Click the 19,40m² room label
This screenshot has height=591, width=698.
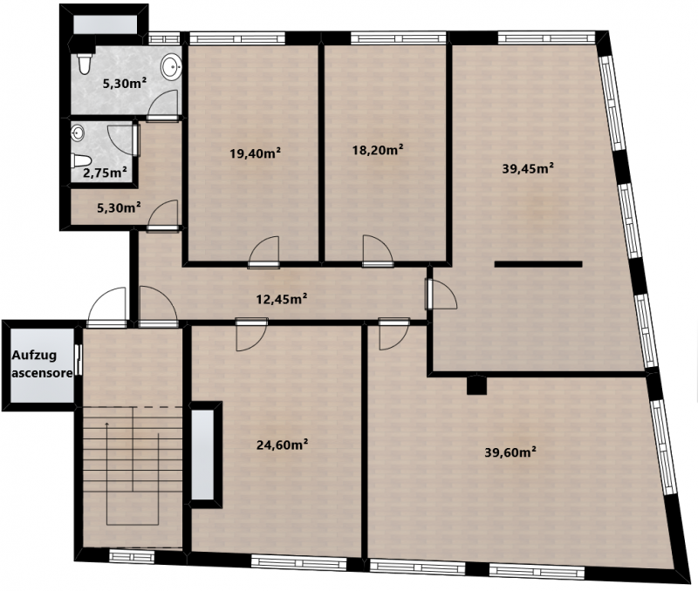(255, 153)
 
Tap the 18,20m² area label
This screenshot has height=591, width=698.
(378, 150)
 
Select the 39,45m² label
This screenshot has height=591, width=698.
(528, 168)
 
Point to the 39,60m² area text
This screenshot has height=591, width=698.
(510, 452)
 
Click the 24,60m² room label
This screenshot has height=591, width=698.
(283, 445)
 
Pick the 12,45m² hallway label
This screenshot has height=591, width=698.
(282, 299)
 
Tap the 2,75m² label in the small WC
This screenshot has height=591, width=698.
(105, 173)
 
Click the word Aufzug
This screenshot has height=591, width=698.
(34, 356)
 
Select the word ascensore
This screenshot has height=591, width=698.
(42, 373)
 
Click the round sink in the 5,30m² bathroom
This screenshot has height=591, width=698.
(171, 67)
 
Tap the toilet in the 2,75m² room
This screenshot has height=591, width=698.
(81, 160)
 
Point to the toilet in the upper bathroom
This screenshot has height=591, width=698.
(84, 64)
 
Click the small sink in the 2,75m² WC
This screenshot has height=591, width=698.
(78, 133)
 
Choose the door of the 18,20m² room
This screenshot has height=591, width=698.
(378, 252)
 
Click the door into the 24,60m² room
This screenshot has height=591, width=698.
(251, 335)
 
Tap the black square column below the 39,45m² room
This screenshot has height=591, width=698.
(476, 385)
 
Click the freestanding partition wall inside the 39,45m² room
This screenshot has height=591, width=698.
(538, 264)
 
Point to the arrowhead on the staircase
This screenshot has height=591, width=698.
(106, 425)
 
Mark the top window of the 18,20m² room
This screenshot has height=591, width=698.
(399, 37)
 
